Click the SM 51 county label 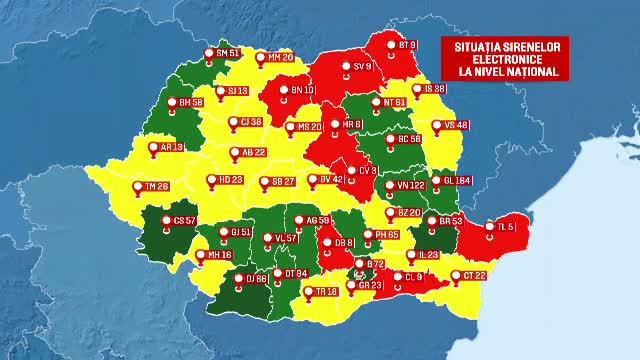(x=226, y=53)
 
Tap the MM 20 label (x=279, y=58)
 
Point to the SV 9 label (x=360, y=66)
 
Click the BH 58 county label (x=189, y=102)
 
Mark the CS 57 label (x=184, y=220)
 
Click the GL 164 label (x=456, y=181)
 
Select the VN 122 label (x=409, y=185)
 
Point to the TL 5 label (x=505, y=227)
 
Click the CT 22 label (x=473, y=275)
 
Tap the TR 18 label (x=324, y=291)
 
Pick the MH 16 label (x=218, y=255)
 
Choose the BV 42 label (x=330, y=179)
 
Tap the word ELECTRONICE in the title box (x=505, y=59)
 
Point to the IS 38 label (x=434, y=89)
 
